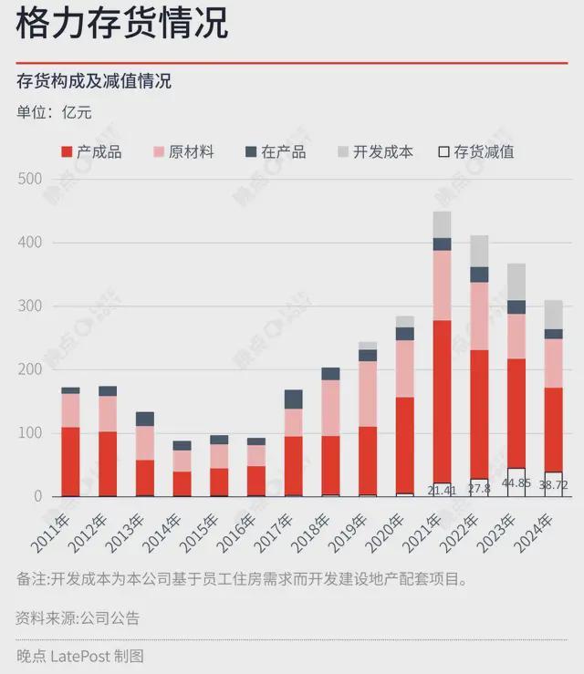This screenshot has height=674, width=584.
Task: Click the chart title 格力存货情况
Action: click(122, 23)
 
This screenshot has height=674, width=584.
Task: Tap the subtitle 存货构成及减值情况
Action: click(94, 81)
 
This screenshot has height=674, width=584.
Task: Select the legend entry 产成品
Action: click(91, 151)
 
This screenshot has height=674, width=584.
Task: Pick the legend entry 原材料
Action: click(183, 151)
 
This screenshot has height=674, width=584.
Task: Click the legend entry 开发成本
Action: click(375, 151)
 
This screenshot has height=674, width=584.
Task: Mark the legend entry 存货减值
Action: click(476, 151)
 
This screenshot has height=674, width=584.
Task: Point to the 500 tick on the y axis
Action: click(29, 179)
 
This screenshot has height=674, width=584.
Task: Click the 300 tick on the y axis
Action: click(29, 306)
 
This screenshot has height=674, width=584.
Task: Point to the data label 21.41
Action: click(442, 491)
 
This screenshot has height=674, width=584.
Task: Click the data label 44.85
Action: click(516, 482)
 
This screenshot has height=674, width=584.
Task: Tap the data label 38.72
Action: click(553, 486)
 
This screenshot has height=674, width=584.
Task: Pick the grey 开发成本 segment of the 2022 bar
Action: click(479, 251)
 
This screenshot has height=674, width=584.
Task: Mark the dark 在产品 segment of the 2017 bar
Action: click(294, 399)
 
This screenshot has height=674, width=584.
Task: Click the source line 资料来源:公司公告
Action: click(78, 617)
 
